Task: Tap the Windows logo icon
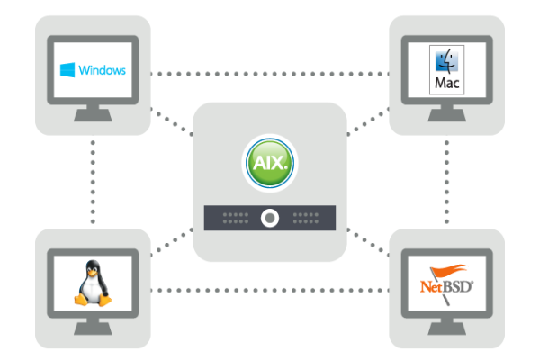pyautogui.click(x=67, y=69)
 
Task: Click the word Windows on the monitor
pyautogui.click(x=102, y=70)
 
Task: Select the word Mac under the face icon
pyautogui.click(x=446, y=83)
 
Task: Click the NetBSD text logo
pyautogui.click(x=446, y=288)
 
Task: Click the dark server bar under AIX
pyautogui.click(x=270, y=217)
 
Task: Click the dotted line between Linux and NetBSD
pyautogui.click(x=270, y=290)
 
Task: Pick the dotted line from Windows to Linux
pyautogui.click(x=93, y=180)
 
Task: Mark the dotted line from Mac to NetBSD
pyautogui.click(x=447, y=180)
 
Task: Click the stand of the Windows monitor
pyautogui.click(x=93, y=115)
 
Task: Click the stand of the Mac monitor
pyautogui.click(x=447, y=115)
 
